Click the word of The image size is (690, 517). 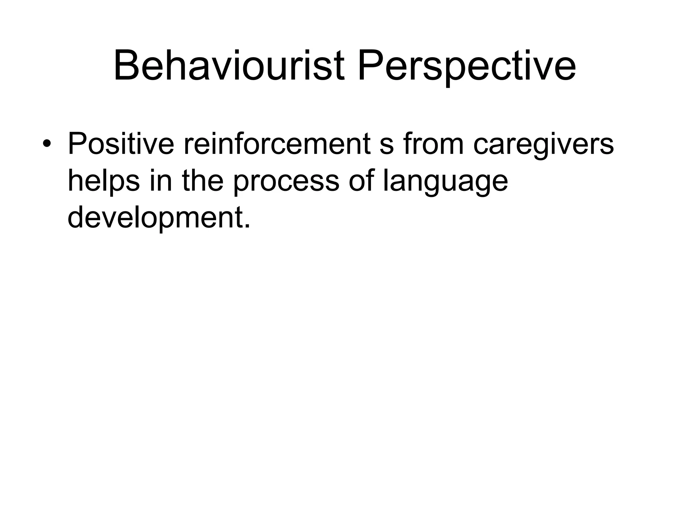(x=362, y=181)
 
